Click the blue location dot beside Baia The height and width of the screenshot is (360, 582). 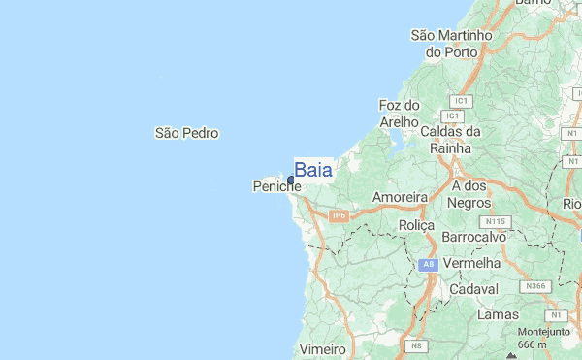[291, 180]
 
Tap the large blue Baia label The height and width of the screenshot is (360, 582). [313, 170]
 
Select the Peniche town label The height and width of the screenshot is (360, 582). [276, 186]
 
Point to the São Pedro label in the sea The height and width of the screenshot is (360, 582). [187, 133]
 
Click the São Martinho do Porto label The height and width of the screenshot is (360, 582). [452, 43]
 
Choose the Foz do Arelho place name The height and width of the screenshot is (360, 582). [399, 114]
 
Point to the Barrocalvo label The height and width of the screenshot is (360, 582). [474, 237]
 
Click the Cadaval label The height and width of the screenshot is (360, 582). [474, 289]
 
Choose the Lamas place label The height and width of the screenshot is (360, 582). [498, 315]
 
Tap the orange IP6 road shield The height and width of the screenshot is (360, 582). [338, 215]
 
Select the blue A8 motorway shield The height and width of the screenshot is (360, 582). [430, 264]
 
